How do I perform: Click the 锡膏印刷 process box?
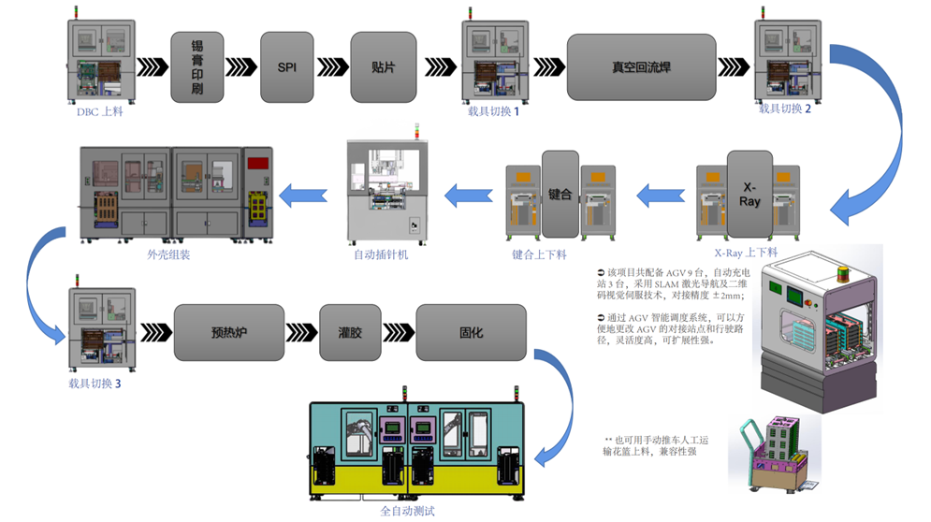click(x=197, y=66)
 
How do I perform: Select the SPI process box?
click(x=286, y=66)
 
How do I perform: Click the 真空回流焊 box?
click(x=640, y=66)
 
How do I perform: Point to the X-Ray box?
click(x=749, y=193)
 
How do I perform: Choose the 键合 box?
click(x=560, y=194)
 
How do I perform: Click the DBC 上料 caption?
click(x=99, y=112)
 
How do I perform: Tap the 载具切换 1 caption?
click(x=493, y=111)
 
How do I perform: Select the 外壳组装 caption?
click(x=168, y=254)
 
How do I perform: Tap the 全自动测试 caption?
click(x=408, y=511)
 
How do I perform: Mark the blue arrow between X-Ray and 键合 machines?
click(x=660, y=196)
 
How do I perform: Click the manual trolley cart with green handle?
click(x=770, y=456)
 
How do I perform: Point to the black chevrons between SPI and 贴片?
click(x=332, y=66)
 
